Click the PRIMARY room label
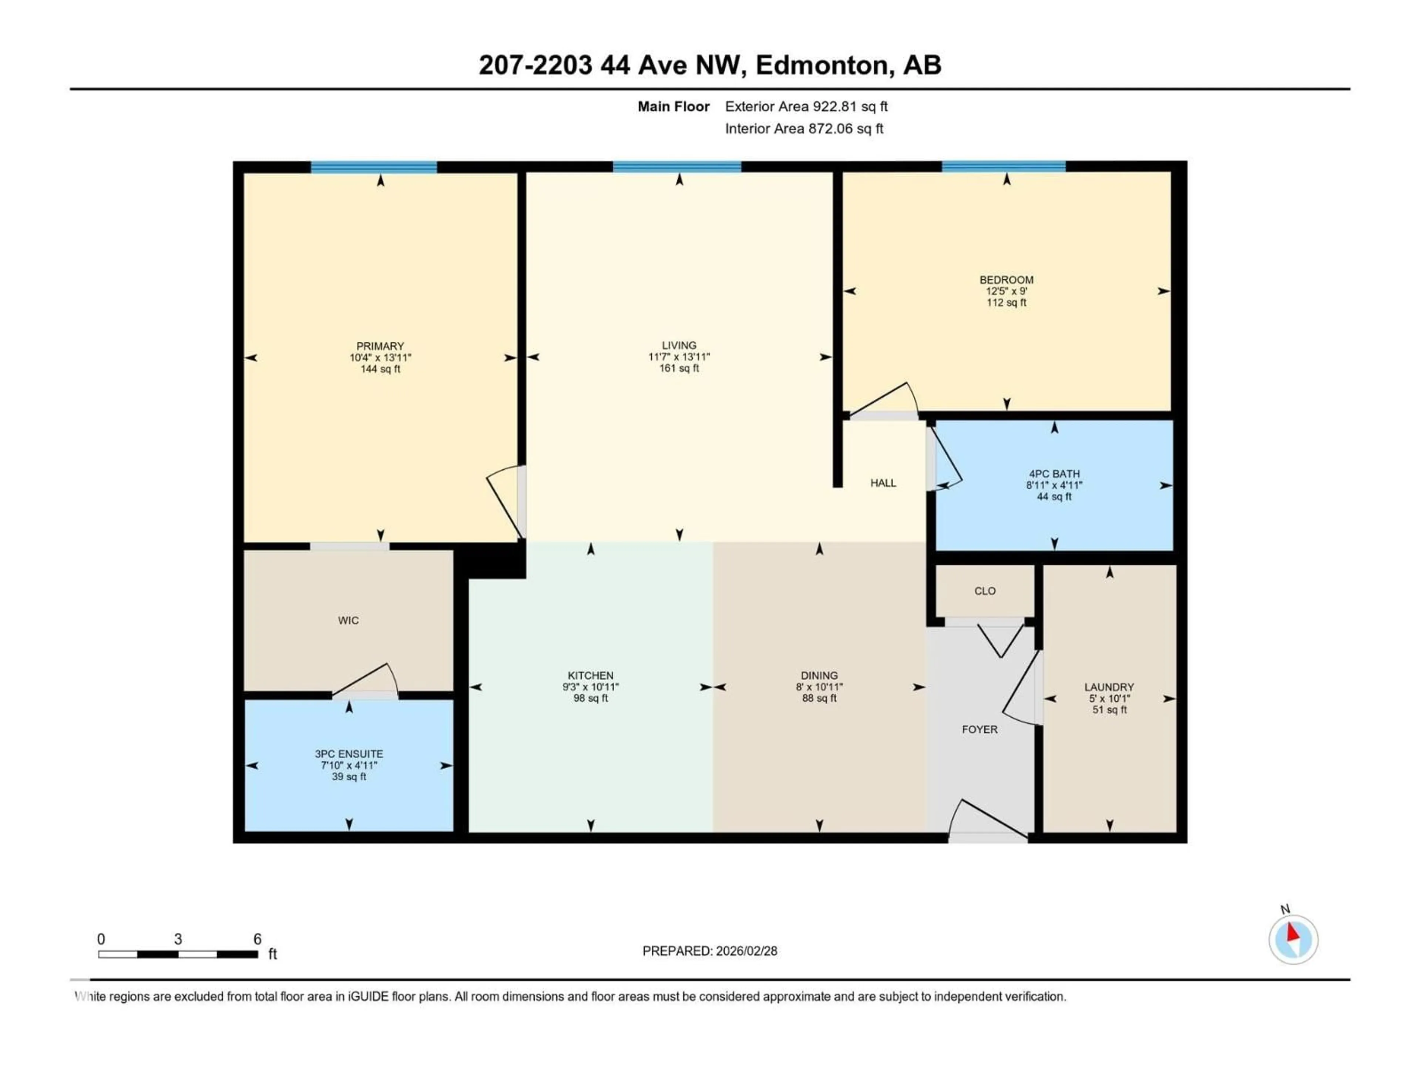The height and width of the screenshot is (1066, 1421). [x=380, y=346]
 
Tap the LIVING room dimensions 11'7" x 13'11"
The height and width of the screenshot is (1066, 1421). [x=679, y=356]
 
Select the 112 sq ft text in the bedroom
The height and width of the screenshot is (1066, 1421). [x=1006, y=303]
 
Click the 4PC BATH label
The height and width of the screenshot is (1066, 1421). [x=1054, y=473]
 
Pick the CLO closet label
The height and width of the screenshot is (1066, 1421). [x=985, y=590]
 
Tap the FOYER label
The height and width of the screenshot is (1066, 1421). [x=979, y=729]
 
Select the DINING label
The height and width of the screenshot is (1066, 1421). [x=819, y=676]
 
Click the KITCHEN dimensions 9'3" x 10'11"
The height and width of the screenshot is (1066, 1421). [x=590, y=687]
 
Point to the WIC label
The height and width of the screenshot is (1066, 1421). [x=348, y=620]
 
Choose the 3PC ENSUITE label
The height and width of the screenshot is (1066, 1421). [x=349, y=754]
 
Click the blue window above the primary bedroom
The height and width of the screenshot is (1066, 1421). [x=374, y=167]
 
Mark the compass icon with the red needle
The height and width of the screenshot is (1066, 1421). [x=1293, y=939]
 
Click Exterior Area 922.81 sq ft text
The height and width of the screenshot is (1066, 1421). [x=806, y=107]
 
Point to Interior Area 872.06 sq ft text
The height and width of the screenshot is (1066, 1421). [x=804, y=128]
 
